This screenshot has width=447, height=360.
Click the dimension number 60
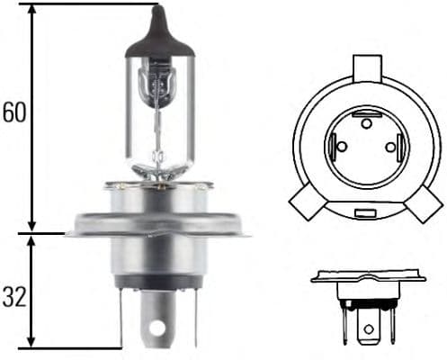click(15, 112)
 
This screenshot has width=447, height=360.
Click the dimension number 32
click(15, 296)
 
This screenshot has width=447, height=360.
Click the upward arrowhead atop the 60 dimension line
click(31, 11)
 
